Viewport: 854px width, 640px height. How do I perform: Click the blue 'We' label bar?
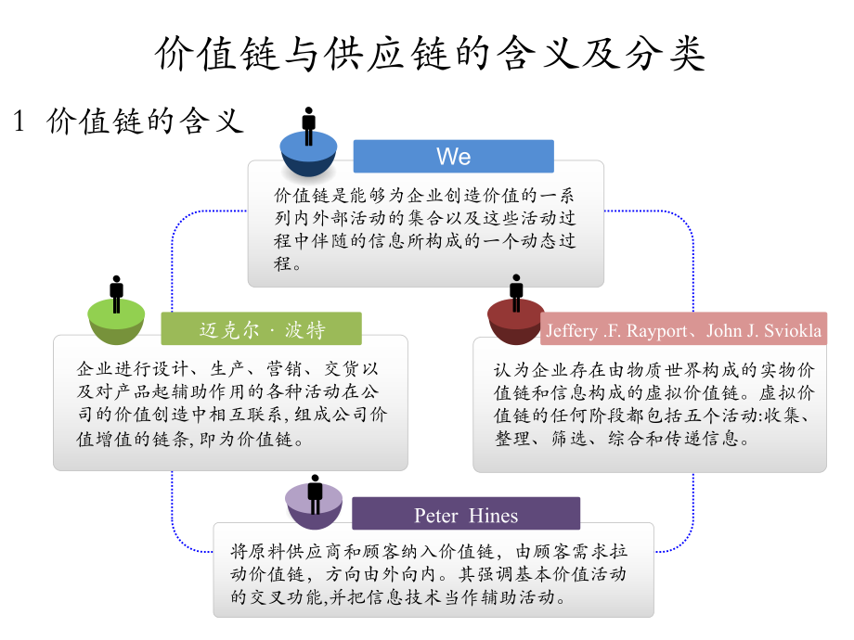453,157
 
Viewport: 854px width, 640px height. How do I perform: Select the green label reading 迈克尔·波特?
261,329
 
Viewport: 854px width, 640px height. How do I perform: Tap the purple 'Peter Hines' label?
466,515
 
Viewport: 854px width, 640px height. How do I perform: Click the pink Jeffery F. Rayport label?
683,330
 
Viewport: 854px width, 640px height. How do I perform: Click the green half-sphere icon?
116,325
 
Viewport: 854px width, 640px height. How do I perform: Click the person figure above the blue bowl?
309,125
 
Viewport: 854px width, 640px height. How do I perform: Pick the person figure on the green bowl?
116,294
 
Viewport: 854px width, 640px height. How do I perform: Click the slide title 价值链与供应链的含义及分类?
429,55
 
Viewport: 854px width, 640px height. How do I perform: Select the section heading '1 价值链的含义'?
129,121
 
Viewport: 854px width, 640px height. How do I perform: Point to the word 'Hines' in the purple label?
494,515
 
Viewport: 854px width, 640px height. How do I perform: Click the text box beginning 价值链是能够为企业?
425,228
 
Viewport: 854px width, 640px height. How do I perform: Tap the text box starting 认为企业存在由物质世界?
649,403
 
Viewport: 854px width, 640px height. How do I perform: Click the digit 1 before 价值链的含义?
18,122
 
